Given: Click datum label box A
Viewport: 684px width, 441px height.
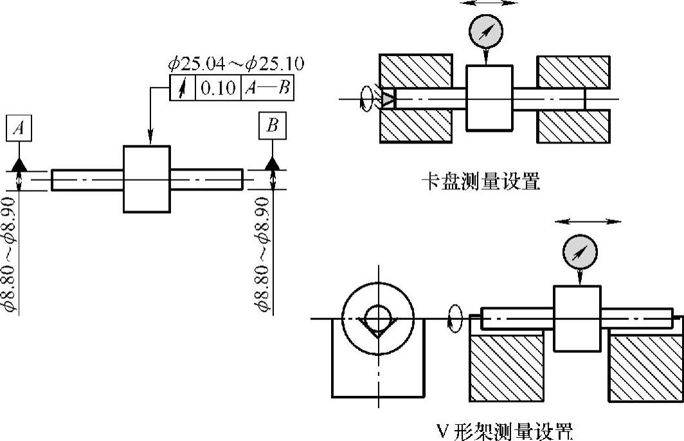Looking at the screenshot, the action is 20,129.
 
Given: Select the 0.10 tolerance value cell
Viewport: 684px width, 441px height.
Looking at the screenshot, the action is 219,88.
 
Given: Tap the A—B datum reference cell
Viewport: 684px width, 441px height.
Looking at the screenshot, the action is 267,88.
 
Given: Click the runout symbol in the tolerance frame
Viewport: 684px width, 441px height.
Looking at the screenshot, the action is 182,88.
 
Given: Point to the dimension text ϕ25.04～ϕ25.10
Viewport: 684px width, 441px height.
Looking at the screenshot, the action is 237,64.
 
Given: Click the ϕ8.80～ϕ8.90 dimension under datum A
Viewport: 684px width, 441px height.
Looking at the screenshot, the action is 12,255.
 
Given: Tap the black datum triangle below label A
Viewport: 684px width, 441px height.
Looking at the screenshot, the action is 20,164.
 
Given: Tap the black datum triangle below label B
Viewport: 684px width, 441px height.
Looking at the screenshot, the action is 273,164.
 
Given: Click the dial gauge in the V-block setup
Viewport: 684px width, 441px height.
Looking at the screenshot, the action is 580,252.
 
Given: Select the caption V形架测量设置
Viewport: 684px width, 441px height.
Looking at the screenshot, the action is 505,429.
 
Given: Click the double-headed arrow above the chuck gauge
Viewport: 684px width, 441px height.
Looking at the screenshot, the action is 489,3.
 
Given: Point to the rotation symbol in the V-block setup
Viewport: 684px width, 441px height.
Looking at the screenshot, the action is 455,318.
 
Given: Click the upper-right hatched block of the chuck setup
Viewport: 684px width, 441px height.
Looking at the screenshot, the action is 573,71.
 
